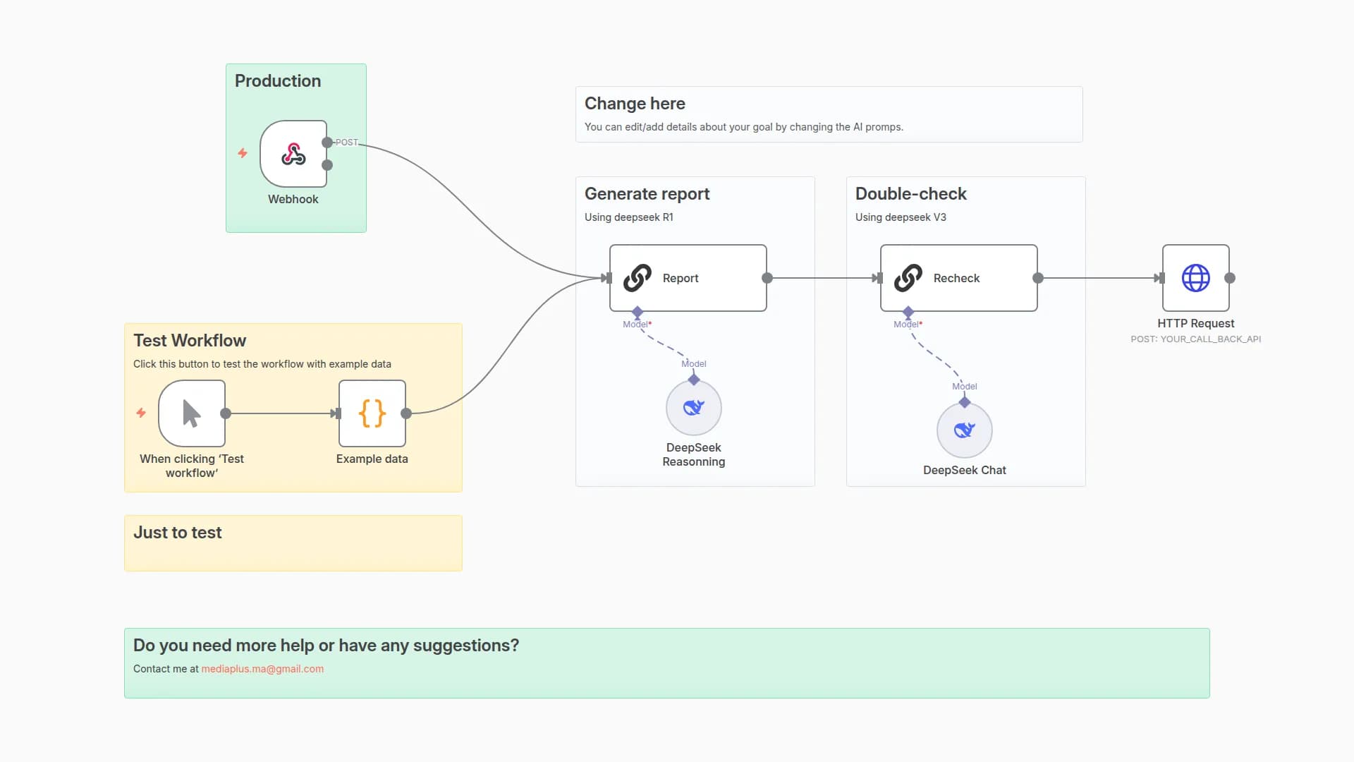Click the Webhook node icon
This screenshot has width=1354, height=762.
click(x=293, y=154)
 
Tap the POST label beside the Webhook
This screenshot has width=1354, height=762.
click(x=347, y=143)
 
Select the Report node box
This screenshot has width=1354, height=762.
click(x=688, y=278)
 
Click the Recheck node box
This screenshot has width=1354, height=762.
click(x=958, y=278)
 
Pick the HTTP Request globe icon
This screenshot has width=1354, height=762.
click(x=1195, y=278)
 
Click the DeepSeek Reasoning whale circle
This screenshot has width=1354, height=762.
click(x=693, y=408)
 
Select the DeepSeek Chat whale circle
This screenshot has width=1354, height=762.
click(x=964, y=430)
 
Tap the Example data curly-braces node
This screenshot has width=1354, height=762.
click(x=372, y=413)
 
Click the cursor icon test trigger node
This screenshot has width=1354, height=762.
click(x=192, y=413)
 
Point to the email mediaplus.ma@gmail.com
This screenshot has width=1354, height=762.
click(x=262, y=669)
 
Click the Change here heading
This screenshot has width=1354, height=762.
click(x=635, y=104)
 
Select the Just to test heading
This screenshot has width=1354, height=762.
click(x=178, y=533)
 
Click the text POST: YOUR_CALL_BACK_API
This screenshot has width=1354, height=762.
click(x=1195, y=339)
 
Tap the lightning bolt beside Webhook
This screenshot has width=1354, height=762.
click(x=243, y=153)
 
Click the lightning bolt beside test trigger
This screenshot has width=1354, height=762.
click(x=141, y=413)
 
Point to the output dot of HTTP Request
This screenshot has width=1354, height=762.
click(x=1230, y=278)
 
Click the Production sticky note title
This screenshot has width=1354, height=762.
click(x=278, y=81)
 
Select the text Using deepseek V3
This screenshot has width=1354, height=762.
click(x=901, y=217)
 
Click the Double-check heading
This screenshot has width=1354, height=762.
click(x=910, y=194)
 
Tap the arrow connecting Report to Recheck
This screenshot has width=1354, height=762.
click(x=822, y=278)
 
